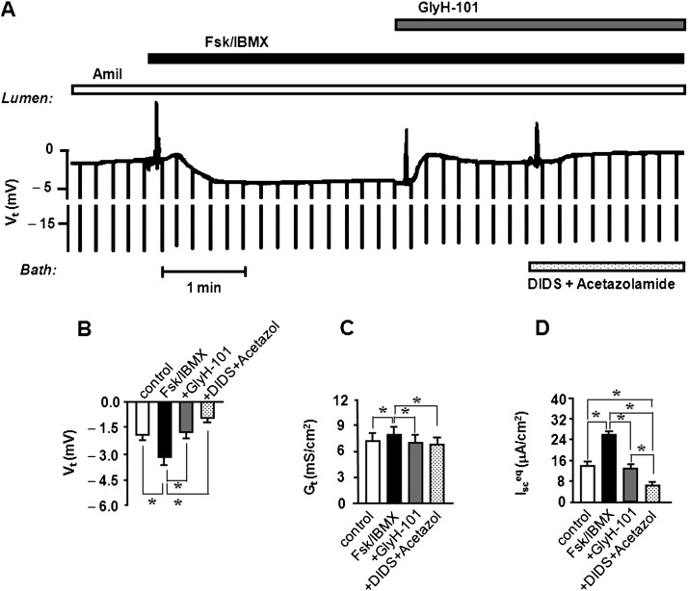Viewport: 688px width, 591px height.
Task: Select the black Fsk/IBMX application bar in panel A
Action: (x=414, y=59)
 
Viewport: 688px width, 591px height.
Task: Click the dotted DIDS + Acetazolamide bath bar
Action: (x=605, y=266)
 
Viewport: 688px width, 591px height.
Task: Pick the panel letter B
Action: (x=85, y=328)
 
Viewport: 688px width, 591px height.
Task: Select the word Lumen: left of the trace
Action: (x=26, y=98)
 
